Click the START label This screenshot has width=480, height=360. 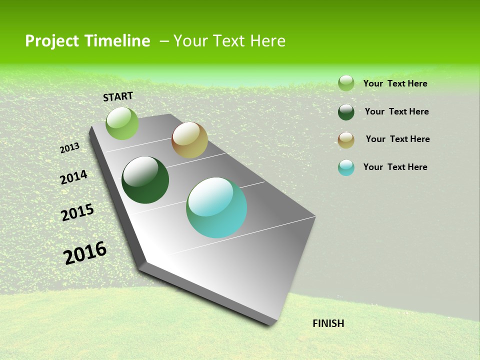click(118, 96)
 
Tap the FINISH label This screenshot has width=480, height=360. click(328, 323)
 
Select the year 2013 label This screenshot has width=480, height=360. click(70, 148)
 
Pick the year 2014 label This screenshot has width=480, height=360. click(74, 177)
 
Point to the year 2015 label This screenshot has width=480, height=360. click(77, 212)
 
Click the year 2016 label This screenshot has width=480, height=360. click(85, 253)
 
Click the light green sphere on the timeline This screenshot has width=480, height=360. click(122, 123)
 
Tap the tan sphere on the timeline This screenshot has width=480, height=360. click(189, 140)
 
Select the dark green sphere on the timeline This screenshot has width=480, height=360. click(145, 180)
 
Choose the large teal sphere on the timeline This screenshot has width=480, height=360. click(216, 207)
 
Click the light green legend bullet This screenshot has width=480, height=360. click(346, 83)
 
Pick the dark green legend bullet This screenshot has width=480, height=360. click(346, 112)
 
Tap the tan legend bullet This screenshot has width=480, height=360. click(346, 140)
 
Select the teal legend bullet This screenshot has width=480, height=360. click(346, 167)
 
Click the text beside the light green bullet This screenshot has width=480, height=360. click(395, 83)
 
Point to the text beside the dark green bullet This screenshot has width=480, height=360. click(397, 111)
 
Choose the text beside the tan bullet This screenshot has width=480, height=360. click(398, 139)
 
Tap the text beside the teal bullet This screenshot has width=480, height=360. click(395, 167)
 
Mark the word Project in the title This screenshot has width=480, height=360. click(52, 41)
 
